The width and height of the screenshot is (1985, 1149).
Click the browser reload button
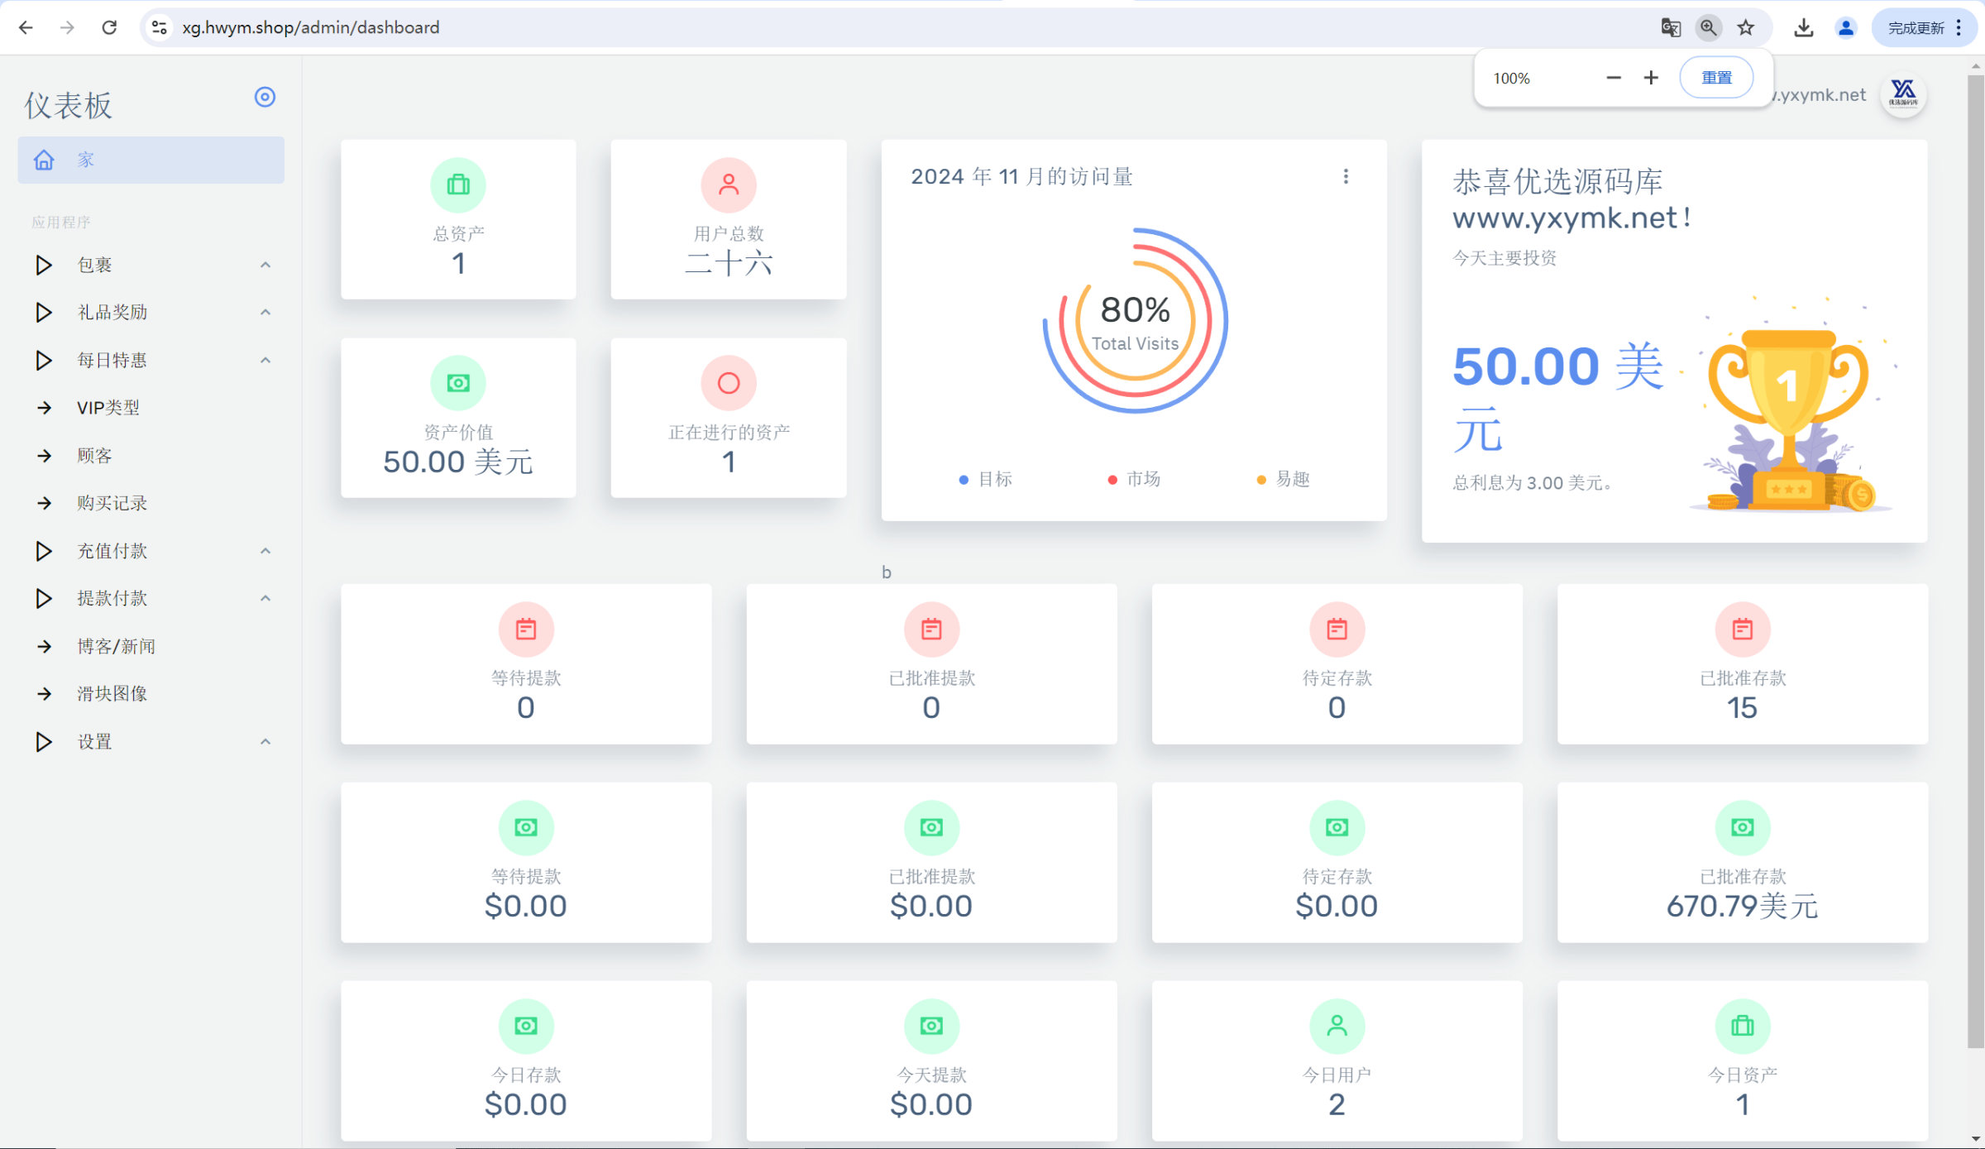pos(109,27)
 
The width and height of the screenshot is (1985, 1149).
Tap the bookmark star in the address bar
pos(1745,27)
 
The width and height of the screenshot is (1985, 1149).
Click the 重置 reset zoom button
pos(1716,78)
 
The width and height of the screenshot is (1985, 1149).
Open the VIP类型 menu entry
pos(108,408)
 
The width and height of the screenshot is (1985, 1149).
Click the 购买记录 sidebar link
pos(112,503)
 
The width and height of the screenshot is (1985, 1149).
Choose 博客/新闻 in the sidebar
pos(116,646)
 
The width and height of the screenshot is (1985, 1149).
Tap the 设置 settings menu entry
pos(94,741)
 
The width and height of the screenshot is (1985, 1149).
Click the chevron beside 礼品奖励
pos(265,313)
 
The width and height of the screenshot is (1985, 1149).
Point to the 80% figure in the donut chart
pos(1135,310)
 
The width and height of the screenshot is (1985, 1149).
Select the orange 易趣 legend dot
pos(1261,480)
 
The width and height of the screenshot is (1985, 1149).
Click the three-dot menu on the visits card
pos(1346,176)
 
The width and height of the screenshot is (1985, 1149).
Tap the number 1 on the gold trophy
pos(1787,385)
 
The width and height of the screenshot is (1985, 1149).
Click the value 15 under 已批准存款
pos(1742,707)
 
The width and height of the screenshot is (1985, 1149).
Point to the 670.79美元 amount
pos(1742,906)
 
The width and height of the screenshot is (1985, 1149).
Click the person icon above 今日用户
pos(1337,1026)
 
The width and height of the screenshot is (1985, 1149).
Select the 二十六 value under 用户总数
pos(729,264)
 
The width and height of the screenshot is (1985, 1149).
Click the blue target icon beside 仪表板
pos(265,97)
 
